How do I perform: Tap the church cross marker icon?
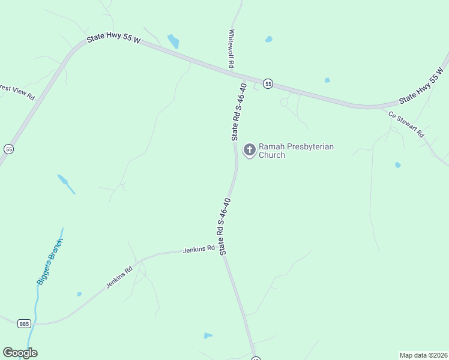(x=249, y=149)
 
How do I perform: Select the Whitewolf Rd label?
(x=231, y=49)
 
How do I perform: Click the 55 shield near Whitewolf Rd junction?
(x=268, y=84)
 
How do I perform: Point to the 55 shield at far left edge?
(x=8, y=148)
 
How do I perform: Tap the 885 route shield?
(x=24, y=323)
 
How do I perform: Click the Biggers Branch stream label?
(x=49, y=262)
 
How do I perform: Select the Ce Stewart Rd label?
(x=406, y=124)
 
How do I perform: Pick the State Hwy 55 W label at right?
(x=423, y=88)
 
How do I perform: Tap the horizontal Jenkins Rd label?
(x=199, y=248)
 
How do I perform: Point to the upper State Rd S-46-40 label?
(x=239, y=113)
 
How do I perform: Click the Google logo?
(x=20, y=353)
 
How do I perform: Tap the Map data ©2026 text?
(x=423, y=355)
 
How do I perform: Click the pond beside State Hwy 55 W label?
(x=173, y=41)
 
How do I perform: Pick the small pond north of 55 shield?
(x=268, y=40)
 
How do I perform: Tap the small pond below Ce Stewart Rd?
(x=397, y=165)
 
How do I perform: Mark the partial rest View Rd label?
(x=17, y=92)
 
